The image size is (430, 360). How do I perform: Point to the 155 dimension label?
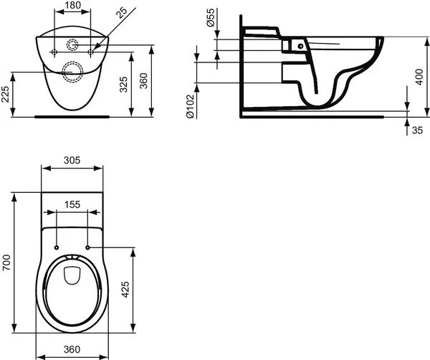[71, 204]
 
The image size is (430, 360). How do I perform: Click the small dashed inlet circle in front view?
[73, 44]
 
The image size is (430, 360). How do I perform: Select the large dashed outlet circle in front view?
[72, 70]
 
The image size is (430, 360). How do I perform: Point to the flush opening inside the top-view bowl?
[71, 275]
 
